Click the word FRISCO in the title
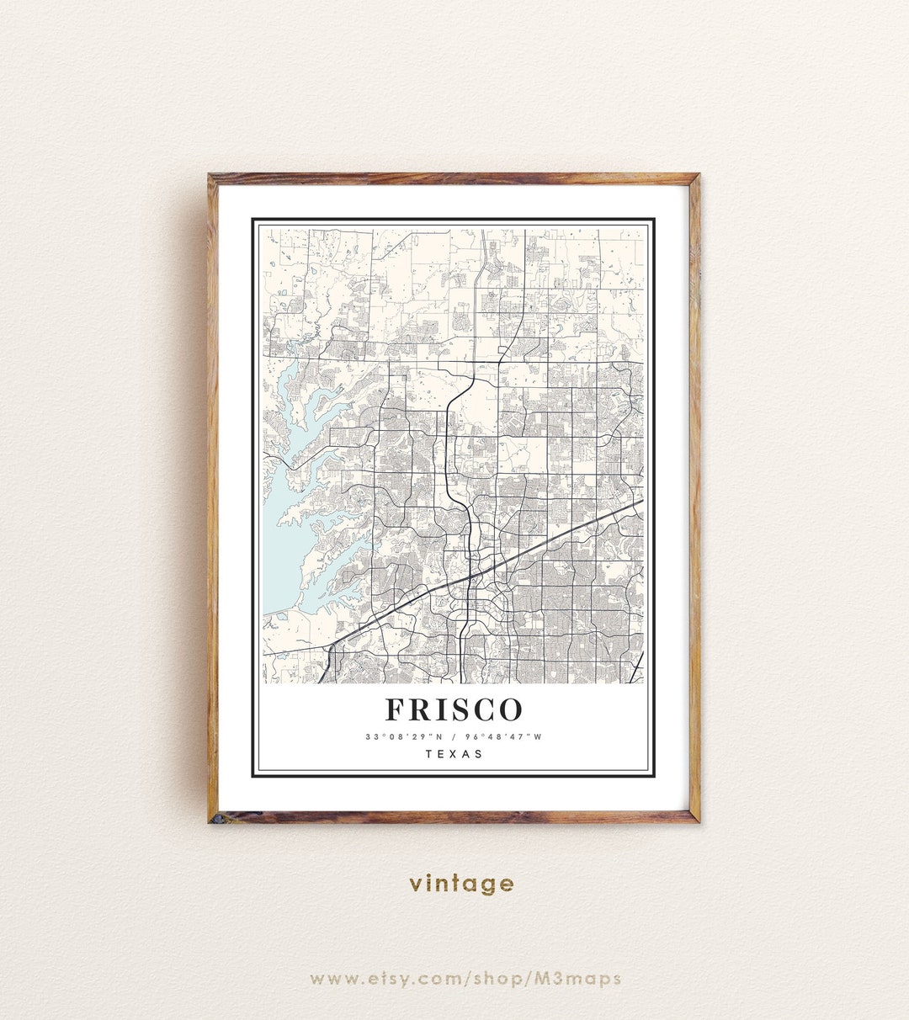[x=454, y=710]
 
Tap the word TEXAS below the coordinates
[x=454, y=754]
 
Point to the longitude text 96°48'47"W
[x=502, y=737]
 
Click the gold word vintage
[x=461, y=884]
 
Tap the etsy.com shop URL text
[x=465, y=979]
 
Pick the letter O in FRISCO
[x=508, y=710]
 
